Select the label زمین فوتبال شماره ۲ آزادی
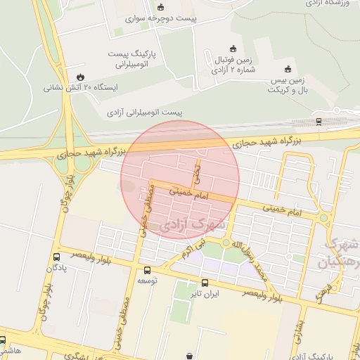point(233,65)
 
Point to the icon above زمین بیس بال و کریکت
point(287,69)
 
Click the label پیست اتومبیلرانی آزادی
point(145,112)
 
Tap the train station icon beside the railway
point(319,121)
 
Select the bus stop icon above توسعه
point(146,269)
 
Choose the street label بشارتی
point(298,331)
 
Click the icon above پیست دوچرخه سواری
point(160,8)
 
